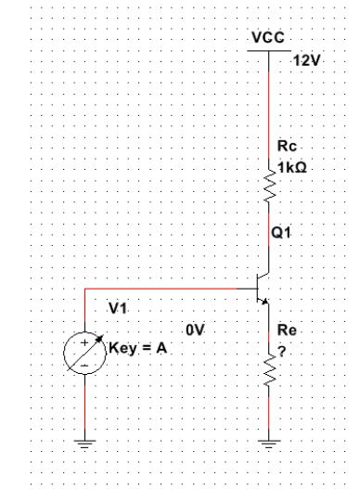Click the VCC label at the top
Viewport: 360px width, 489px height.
coord(268,39)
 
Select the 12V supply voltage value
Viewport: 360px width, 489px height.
coord(305,60)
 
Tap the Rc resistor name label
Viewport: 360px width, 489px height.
coord(286,147)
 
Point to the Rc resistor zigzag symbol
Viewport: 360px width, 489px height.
coord(269,188)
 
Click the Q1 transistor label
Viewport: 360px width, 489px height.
coord(283,234)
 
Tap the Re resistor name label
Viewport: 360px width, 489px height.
coord(287,329)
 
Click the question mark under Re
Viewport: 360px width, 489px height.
coord(282,348)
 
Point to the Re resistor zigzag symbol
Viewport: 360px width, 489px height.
coord(269,370)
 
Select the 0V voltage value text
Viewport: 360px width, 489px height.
coord(194,329)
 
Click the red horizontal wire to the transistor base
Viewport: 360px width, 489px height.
coord(167,287)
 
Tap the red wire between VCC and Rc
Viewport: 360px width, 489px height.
coord(269,102)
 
